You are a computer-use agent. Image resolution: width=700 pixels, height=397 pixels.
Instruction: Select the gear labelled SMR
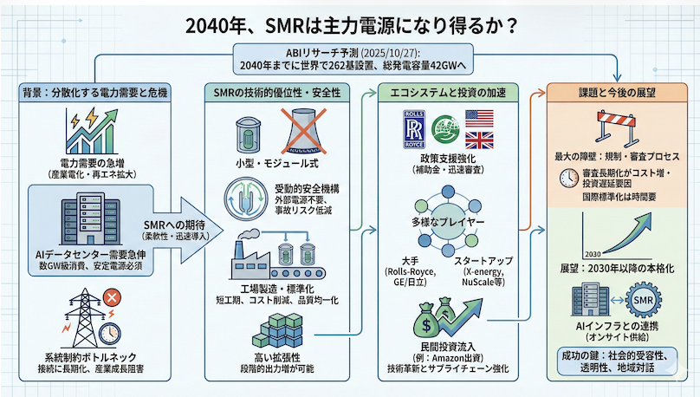pyautogui.click(x=646, y=300)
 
